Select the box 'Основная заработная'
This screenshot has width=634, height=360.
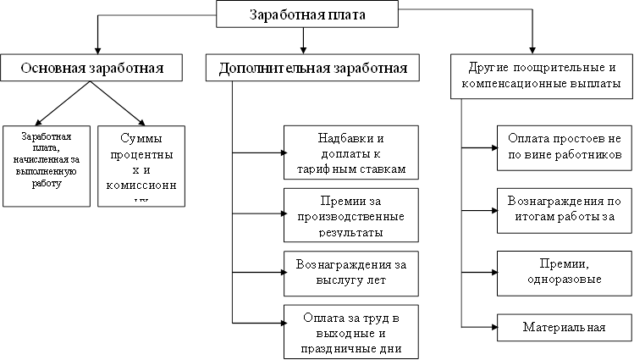92,68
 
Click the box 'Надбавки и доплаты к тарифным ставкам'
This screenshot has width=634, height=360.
351,152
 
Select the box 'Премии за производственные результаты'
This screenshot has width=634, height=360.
351,213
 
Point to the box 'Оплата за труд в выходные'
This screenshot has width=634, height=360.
351,330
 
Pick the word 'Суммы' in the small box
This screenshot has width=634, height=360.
141,138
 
